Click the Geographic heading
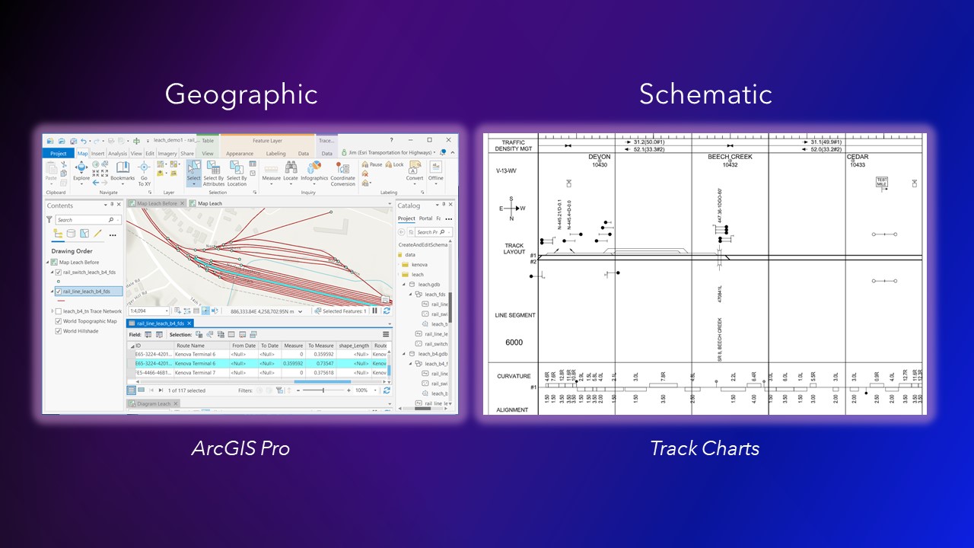(x=241, y=94)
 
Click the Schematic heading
(x=705, y=94)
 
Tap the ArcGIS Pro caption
(x=240, y=448)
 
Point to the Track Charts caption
(x=705, y=448)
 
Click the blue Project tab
(x=59, y=153)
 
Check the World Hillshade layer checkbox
(x=59, y=331)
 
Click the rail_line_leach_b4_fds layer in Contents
(x=86, y=291)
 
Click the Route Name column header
(x=190, y=346)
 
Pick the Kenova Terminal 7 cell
(x=196, y=373)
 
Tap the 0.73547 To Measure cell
(x=320, y=364)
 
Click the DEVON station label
(x=599, y=157)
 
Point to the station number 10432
(x=730, y=164)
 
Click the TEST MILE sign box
(x=881, y=183)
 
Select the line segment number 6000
(x=514, y=342)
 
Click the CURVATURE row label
(x=514, y=376)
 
